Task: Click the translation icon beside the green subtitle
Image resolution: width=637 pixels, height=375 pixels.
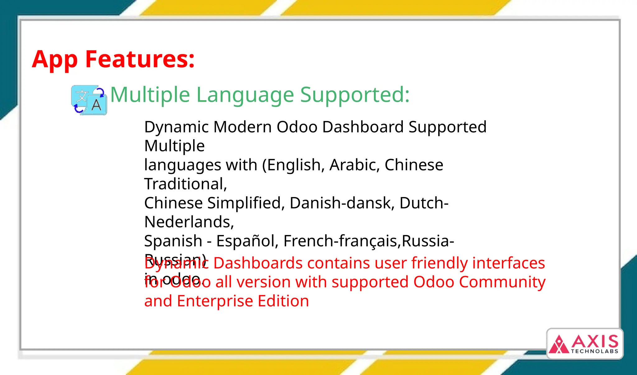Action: point(89,100)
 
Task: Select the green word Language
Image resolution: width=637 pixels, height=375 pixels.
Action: point(245,95)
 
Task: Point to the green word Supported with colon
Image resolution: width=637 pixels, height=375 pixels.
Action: point(355,95)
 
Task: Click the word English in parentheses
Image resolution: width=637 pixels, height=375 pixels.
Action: point(294,165)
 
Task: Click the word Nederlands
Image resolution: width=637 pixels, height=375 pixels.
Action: point(189,222)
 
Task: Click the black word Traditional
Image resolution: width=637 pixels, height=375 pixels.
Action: point(185,184)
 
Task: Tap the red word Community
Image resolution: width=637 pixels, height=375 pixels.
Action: point(502,282)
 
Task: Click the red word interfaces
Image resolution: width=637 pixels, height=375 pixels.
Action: point(509,263)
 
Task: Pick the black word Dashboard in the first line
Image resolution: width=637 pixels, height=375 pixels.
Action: point(363,127)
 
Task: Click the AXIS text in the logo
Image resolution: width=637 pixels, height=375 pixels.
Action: point(595,342)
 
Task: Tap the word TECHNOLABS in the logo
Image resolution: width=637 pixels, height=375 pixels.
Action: point(594,351)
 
